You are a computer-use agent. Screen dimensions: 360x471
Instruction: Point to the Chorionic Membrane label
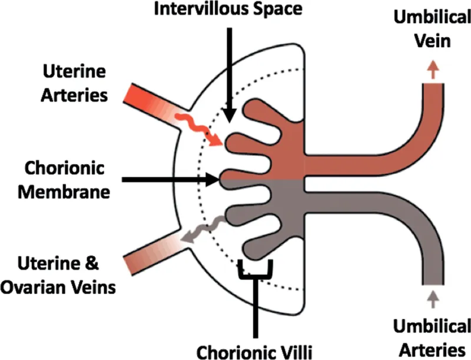coord(65,178)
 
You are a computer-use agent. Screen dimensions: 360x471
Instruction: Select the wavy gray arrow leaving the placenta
coord(203,229)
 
